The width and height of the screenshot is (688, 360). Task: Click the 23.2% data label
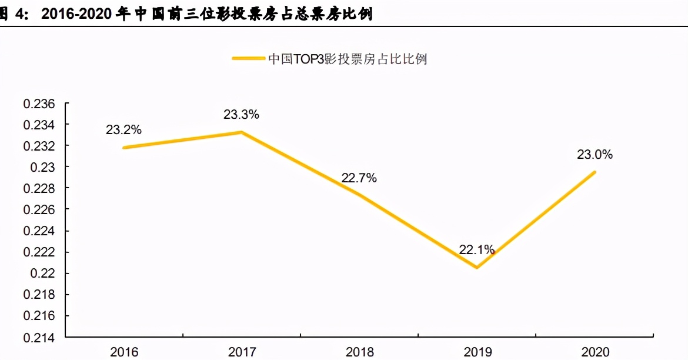pos(123,130)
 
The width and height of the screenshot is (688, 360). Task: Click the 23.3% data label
pos(241,115)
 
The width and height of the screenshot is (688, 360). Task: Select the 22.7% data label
pos(359,178)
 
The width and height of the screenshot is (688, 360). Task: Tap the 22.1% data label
pos(476,250)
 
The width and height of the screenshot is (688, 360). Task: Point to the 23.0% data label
pos(595,155)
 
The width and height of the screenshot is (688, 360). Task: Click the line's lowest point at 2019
pos(476,268)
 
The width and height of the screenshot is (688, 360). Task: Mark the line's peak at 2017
pos(242,132)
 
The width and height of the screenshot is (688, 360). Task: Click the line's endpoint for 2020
pos(595,172)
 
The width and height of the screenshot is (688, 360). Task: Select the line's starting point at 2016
pos(124,148)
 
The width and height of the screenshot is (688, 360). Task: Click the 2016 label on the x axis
pos(124,352)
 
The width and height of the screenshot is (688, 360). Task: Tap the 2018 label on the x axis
pos(359,352)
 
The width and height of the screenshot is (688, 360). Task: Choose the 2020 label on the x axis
pos(595,352)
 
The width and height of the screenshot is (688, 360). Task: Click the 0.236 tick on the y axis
pos(39,104)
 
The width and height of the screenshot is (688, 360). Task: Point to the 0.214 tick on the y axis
pos(39,338)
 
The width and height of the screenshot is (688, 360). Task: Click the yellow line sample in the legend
pos(248,59)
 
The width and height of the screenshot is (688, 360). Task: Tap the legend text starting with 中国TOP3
pos(347,59)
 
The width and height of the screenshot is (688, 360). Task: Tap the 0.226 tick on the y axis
pos(39,210)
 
